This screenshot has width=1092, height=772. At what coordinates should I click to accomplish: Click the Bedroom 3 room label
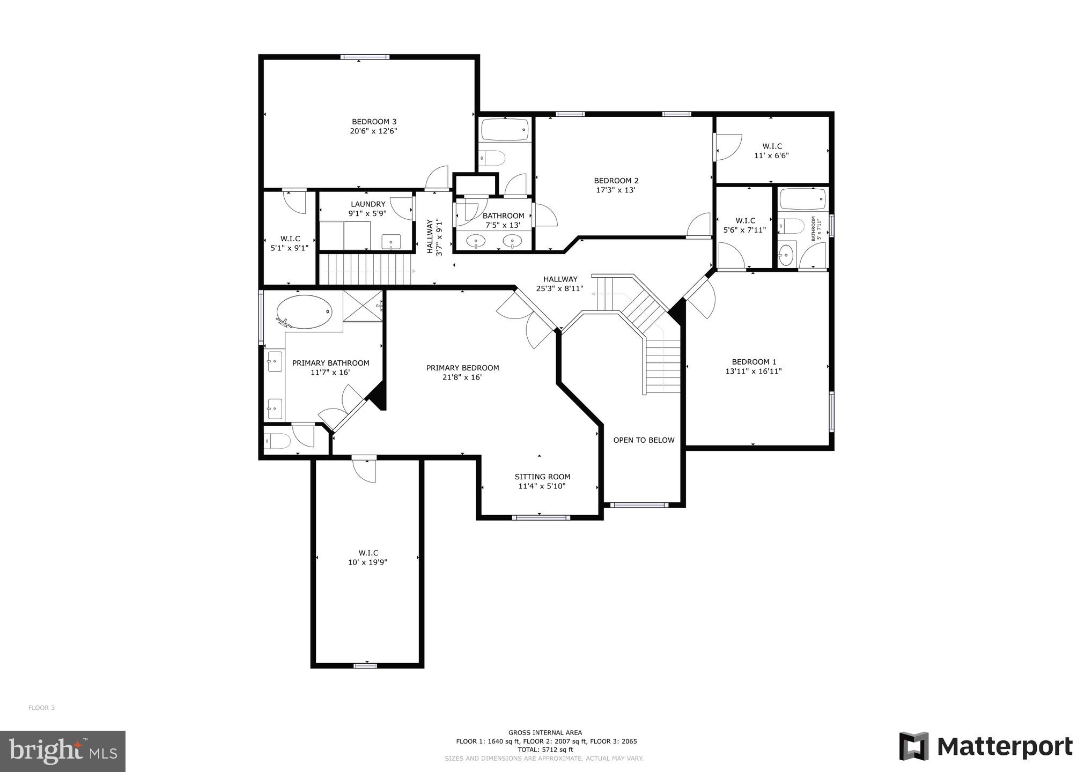click(x=374, y=122)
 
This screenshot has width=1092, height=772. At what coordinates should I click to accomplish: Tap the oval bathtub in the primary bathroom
click(x=304, y=312)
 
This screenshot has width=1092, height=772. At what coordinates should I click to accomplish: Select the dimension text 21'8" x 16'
click(x=462, y=377)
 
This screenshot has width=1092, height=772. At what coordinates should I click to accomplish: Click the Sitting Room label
click(x=542, y=477)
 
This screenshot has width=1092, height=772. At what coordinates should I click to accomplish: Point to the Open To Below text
click(x=644, y=440)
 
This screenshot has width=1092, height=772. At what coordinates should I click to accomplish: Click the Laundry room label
click(x=368, y=204)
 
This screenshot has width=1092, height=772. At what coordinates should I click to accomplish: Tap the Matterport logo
click(x=986, y=746)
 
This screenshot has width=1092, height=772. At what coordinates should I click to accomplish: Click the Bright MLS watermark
click(x=63, y=751)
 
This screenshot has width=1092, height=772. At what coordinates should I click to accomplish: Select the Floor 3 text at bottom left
click(x=41, y=708)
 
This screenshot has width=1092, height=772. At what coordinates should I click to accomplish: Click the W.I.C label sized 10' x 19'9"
click(x=368, y=553)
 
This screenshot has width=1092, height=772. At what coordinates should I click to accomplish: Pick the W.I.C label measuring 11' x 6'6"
click(x=772, y=146)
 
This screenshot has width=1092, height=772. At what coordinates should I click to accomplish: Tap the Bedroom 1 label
click(x=754, y=362)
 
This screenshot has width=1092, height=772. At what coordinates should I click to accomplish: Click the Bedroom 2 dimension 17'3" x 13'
click(x=616, y=190)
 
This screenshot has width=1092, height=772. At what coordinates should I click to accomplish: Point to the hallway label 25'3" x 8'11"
click(x=560, y=288)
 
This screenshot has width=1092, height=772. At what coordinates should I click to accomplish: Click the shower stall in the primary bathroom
click(x=363, y=306)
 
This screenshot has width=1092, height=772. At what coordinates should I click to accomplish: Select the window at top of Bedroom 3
click(x=365, y=57)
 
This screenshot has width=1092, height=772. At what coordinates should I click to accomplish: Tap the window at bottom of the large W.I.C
click(x=365, y=665)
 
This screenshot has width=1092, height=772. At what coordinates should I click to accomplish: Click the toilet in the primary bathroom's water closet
click(x=278, y=441)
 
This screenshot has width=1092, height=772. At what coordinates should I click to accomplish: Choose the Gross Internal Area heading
click(x=545, y=732)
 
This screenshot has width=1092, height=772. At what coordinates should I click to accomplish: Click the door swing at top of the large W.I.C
click(x=365, y=469)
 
